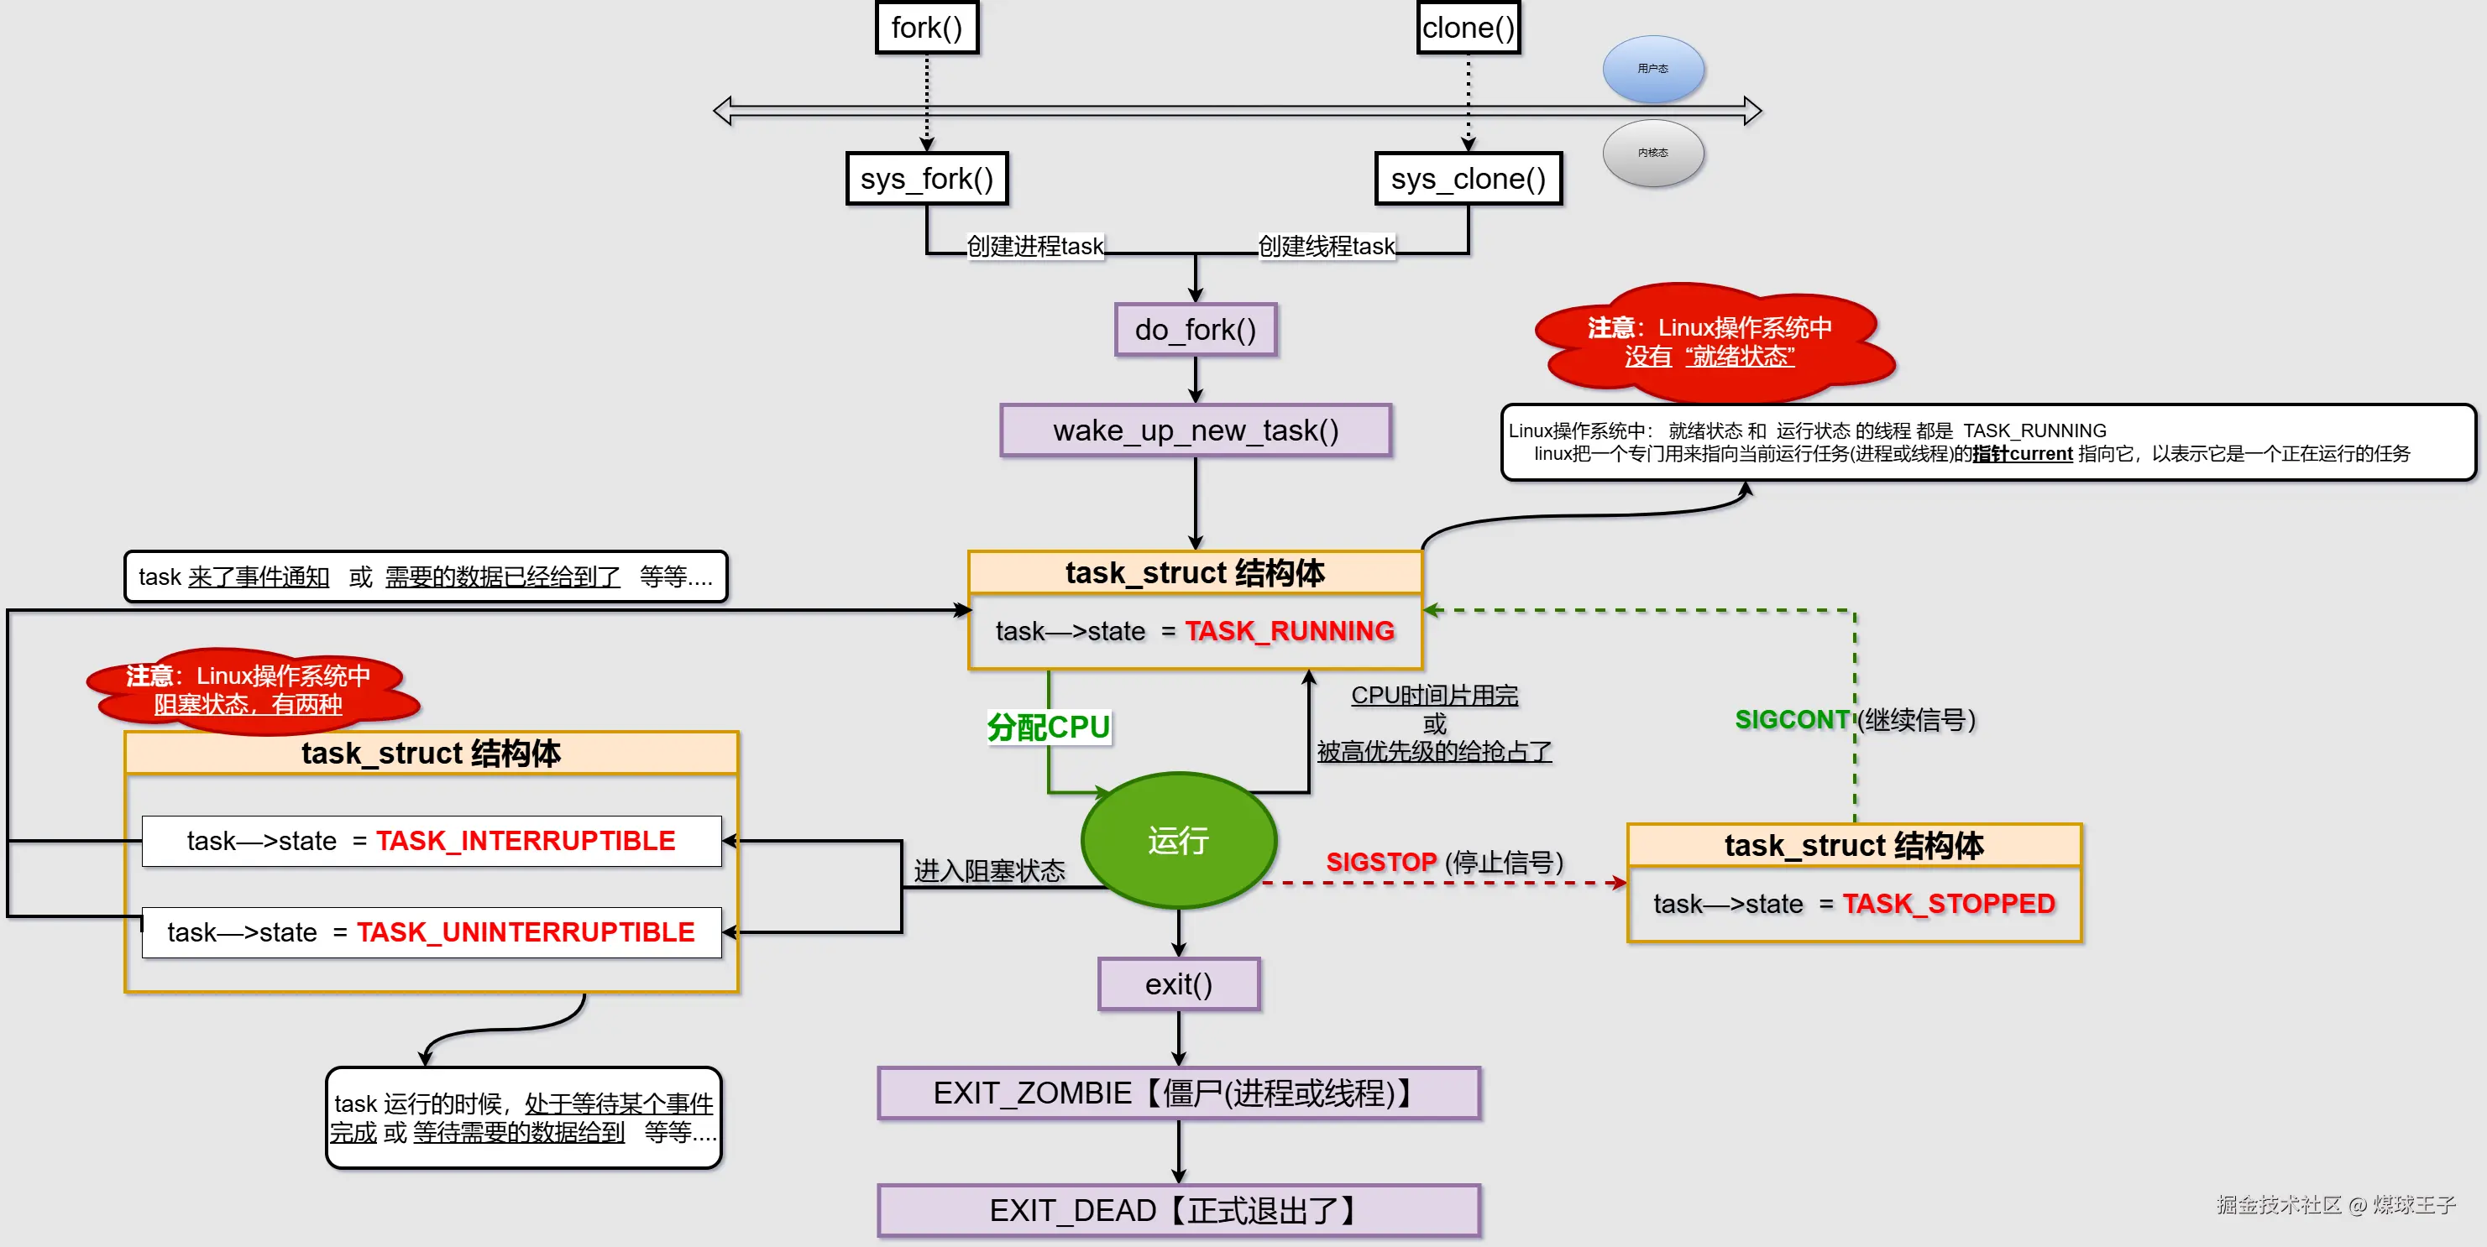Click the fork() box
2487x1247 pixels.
point(927,28)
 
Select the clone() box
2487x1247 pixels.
point(1469,28)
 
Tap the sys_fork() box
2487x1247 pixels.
point(927,179)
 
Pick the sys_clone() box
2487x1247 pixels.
point(1469,179)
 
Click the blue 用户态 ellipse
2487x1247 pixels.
point(1653,69)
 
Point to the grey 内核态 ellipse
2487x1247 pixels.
point(1653,153)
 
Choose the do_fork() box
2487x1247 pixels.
point(1196,330)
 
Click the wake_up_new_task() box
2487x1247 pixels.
point(1196,430)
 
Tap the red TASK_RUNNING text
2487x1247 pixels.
point(1290,631)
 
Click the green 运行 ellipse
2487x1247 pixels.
point(1179,841)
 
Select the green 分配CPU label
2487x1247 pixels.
point(1049,727)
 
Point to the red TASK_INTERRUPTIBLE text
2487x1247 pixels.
point(526,841)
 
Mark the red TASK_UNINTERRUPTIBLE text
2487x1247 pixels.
point(526,932)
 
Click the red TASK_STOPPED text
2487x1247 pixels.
point(1948,905)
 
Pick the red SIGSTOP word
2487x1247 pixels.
point(1380,862)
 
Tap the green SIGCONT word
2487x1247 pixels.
point(1792,720)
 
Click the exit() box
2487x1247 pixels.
point(1179,984)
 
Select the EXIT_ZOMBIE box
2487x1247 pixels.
point(1179,1093)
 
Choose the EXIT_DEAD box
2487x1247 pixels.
point(1179,1210)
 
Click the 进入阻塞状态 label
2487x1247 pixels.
point(990,870)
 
